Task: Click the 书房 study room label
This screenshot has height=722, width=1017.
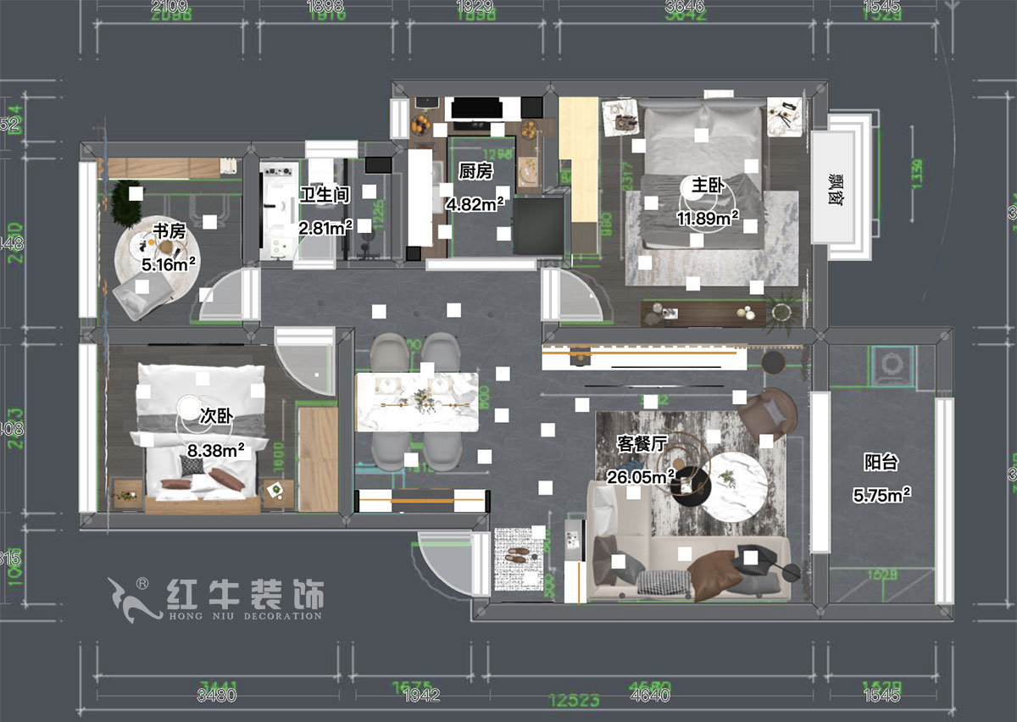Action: click(169, 230)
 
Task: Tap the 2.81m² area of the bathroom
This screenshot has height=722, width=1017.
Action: click(325, 228)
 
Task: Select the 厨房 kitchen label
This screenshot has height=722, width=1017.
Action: click(475, 171)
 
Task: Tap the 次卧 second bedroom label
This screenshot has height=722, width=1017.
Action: click(216, 415)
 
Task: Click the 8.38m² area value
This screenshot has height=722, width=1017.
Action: click(212, 451)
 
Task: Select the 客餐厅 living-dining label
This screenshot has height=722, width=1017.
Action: click(641, 443)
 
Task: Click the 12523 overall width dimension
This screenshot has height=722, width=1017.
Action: click(576, 700)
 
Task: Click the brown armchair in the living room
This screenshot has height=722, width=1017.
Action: click(765, 414)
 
